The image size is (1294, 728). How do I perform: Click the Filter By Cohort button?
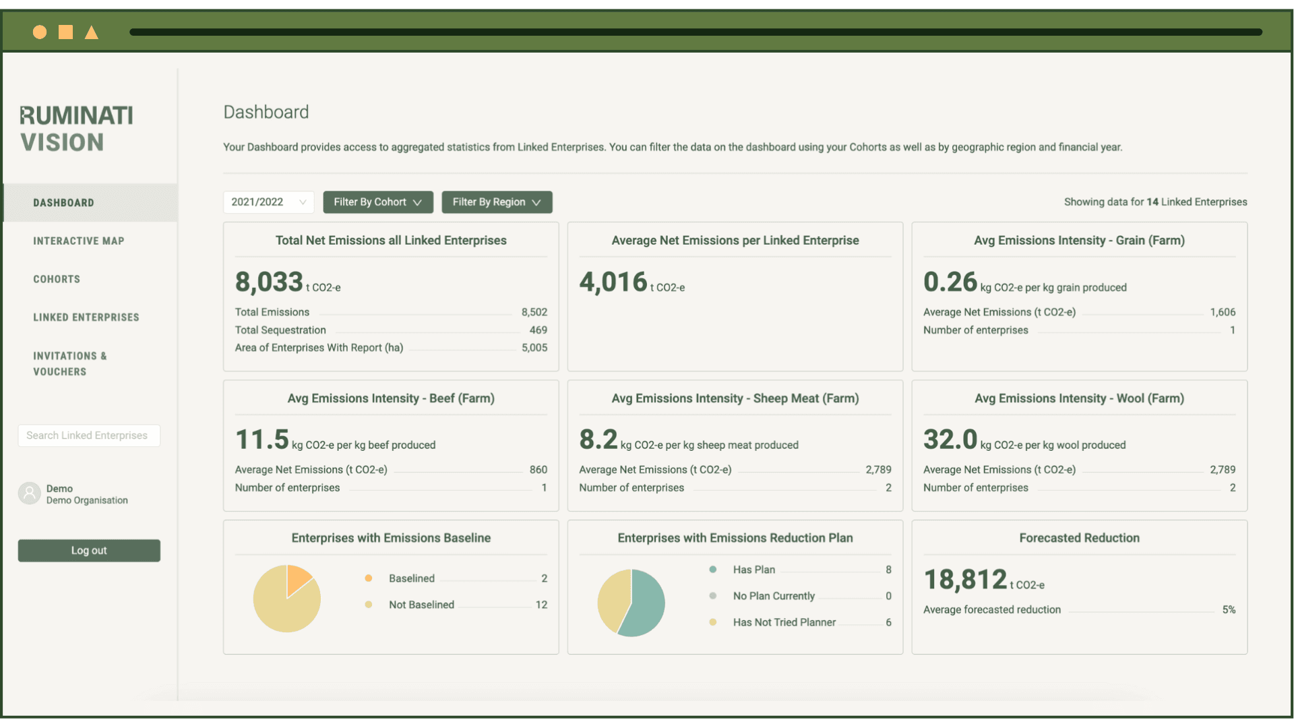point(377,202)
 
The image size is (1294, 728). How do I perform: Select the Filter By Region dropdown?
point(497,202)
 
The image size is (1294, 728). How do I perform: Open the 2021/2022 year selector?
point(268,202)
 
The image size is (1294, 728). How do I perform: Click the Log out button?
point(89,551)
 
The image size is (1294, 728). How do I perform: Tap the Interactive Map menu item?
point(79,241)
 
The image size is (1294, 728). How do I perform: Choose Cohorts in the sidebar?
point(57,279)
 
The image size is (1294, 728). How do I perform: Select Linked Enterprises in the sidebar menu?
point(86,317)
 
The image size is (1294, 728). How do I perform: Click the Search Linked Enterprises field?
point(89,435)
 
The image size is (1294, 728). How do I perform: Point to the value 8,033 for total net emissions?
point(269,282)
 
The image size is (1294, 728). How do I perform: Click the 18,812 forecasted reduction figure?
point(965,580)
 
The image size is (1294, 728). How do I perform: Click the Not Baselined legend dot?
point(369,605)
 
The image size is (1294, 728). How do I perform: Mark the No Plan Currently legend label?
point(774,596)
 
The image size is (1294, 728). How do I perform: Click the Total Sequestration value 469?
point(538,330)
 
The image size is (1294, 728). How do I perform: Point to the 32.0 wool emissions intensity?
point(950,439)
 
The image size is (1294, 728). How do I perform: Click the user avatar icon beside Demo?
point(30,493)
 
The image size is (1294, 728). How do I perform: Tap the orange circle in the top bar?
point(40,32)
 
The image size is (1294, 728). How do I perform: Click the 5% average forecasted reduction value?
point(1229,610)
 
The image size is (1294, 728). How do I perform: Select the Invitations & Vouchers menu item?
point(70,364)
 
